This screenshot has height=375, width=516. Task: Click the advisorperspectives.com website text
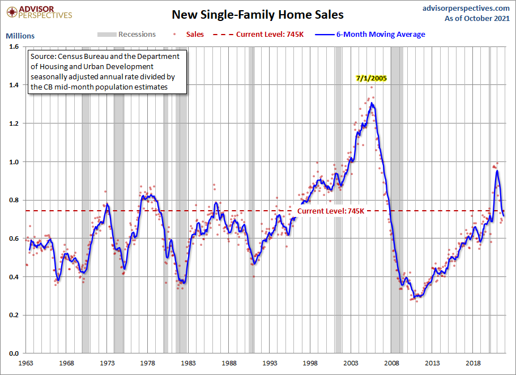tap(458, 8)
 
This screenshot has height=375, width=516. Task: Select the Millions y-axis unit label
tap(20, 36)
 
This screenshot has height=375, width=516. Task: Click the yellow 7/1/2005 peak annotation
tap(372, 79)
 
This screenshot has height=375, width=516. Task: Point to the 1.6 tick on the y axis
tap(13, 46)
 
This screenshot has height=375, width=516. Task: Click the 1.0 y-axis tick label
tap(13, 161)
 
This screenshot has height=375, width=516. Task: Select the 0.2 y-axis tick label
tap(13, 315)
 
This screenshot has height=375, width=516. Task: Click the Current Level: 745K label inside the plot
tap(331, 211)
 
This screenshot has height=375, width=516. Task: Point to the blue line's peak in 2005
tap(372, 104)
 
